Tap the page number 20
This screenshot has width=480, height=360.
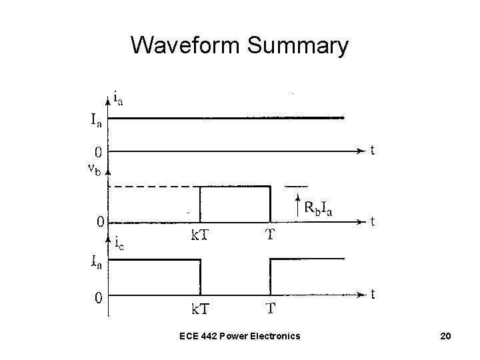445,335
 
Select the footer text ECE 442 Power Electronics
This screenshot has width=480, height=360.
239,335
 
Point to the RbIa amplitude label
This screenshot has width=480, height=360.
318,208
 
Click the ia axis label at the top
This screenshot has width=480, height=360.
118,99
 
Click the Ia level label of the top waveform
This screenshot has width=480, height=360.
96,121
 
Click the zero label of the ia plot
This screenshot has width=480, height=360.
97,151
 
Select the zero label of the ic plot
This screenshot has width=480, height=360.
97,298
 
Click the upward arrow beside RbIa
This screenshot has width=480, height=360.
297,203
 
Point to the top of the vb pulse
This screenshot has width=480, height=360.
235,187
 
